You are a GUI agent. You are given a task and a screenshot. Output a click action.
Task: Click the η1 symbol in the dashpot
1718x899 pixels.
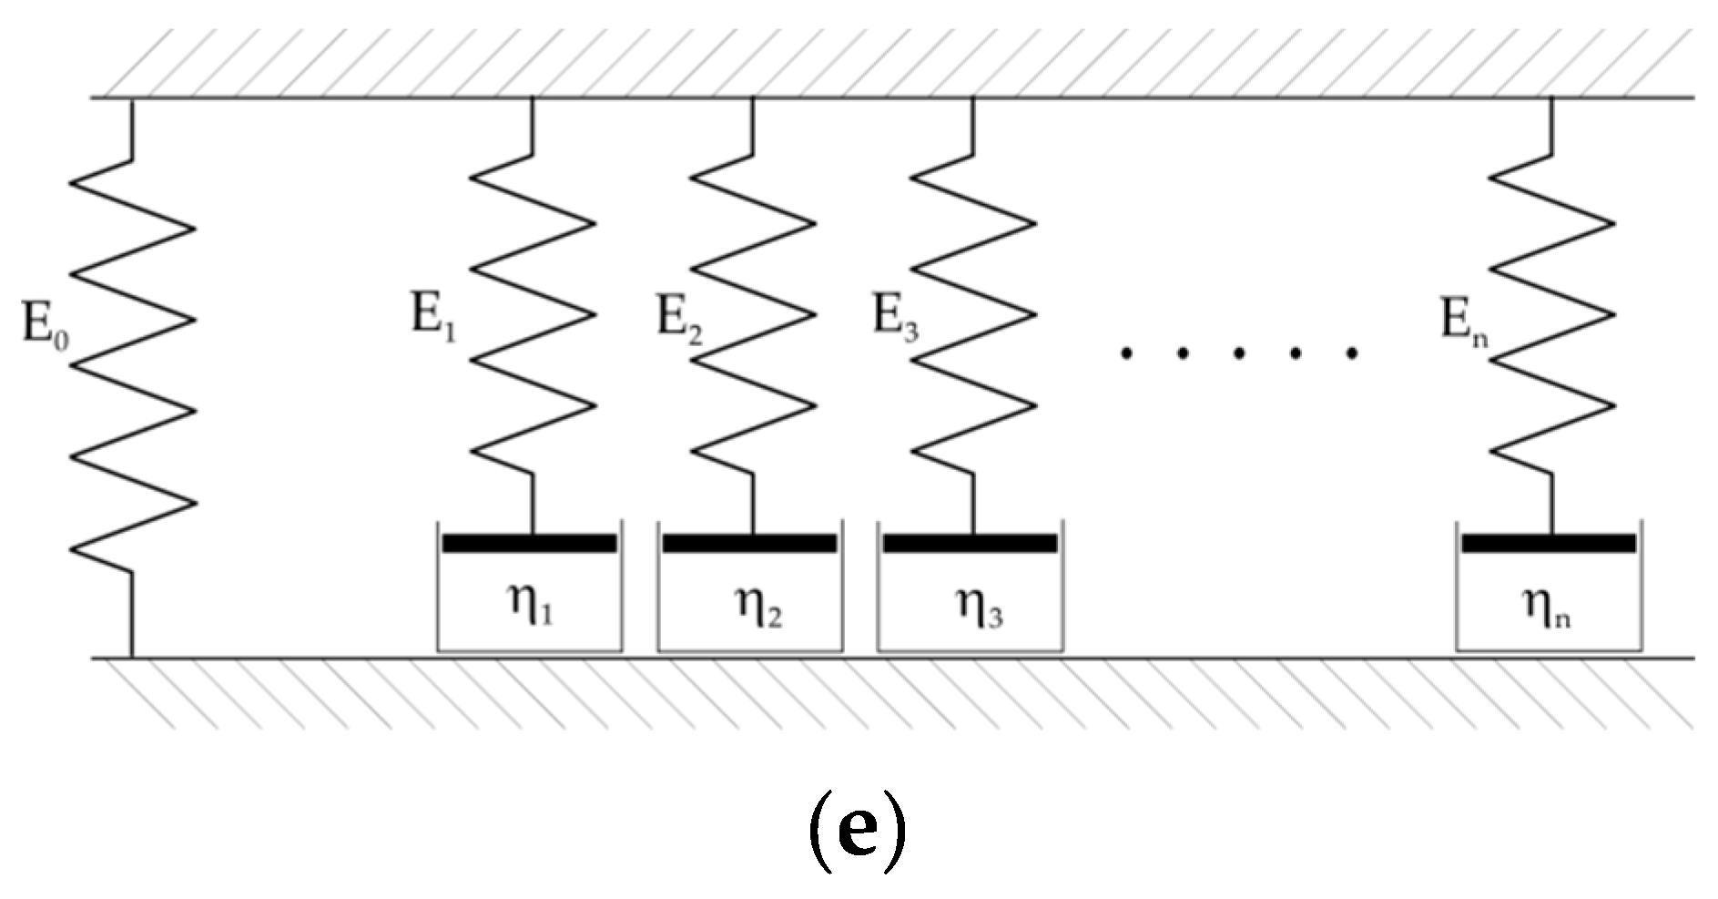(530, 605)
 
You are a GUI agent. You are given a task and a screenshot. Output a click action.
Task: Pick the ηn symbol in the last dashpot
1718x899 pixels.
(1547, 605)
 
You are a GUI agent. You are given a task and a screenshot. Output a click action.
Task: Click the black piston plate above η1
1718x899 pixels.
(529, 544)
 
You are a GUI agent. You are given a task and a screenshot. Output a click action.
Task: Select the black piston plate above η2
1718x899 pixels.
(749, 544)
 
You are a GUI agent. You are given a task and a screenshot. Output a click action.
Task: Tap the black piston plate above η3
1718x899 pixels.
(970, 544)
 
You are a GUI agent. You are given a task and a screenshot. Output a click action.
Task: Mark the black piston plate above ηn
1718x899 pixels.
(1549, 544)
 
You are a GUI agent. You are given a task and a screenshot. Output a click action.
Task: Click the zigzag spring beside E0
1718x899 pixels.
(133, 364)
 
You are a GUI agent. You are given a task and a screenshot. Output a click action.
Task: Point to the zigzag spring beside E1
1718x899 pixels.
(533, 314)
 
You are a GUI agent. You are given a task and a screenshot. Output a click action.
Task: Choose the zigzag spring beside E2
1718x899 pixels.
(753, 314)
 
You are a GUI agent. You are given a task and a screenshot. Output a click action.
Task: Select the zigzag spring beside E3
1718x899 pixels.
(973, 314)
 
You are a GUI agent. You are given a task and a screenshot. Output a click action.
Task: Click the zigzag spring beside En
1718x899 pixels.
(1552, 314)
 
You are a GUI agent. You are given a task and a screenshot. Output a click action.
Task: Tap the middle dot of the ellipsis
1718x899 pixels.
(1239, 352)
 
